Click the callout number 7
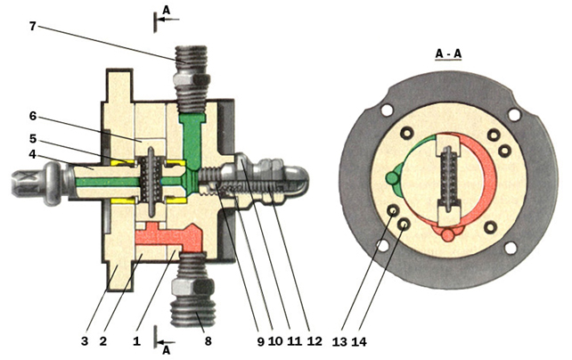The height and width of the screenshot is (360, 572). point(33,26)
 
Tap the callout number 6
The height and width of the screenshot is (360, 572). point(33,116)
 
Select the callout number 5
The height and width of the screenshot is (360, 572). point(33,139)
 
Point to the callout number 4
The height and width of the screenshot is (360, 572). point(33,154)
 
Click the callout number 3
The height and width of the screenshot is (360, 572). point(85,341)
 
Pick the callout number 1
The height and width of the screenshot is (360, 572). point(136,341)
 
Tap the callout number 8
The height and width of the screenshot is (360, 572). point(208,341)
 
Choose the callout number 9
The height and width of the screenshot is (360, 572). point(260,341)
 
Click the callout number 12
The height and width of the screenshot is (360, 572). point(315,341)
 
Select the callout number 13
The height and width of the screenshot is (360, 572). point(339,342)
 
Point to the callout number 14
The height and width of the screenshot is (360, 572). point(359,342)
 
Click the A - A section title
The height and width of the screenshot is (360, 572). point(448,54)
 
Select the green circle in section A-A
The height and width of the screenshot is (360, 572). point(391,178)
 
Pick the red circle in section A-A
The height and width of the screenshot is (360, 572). point(447,235)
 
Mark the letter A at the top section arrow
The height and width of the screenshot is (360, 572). point(166,11)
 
